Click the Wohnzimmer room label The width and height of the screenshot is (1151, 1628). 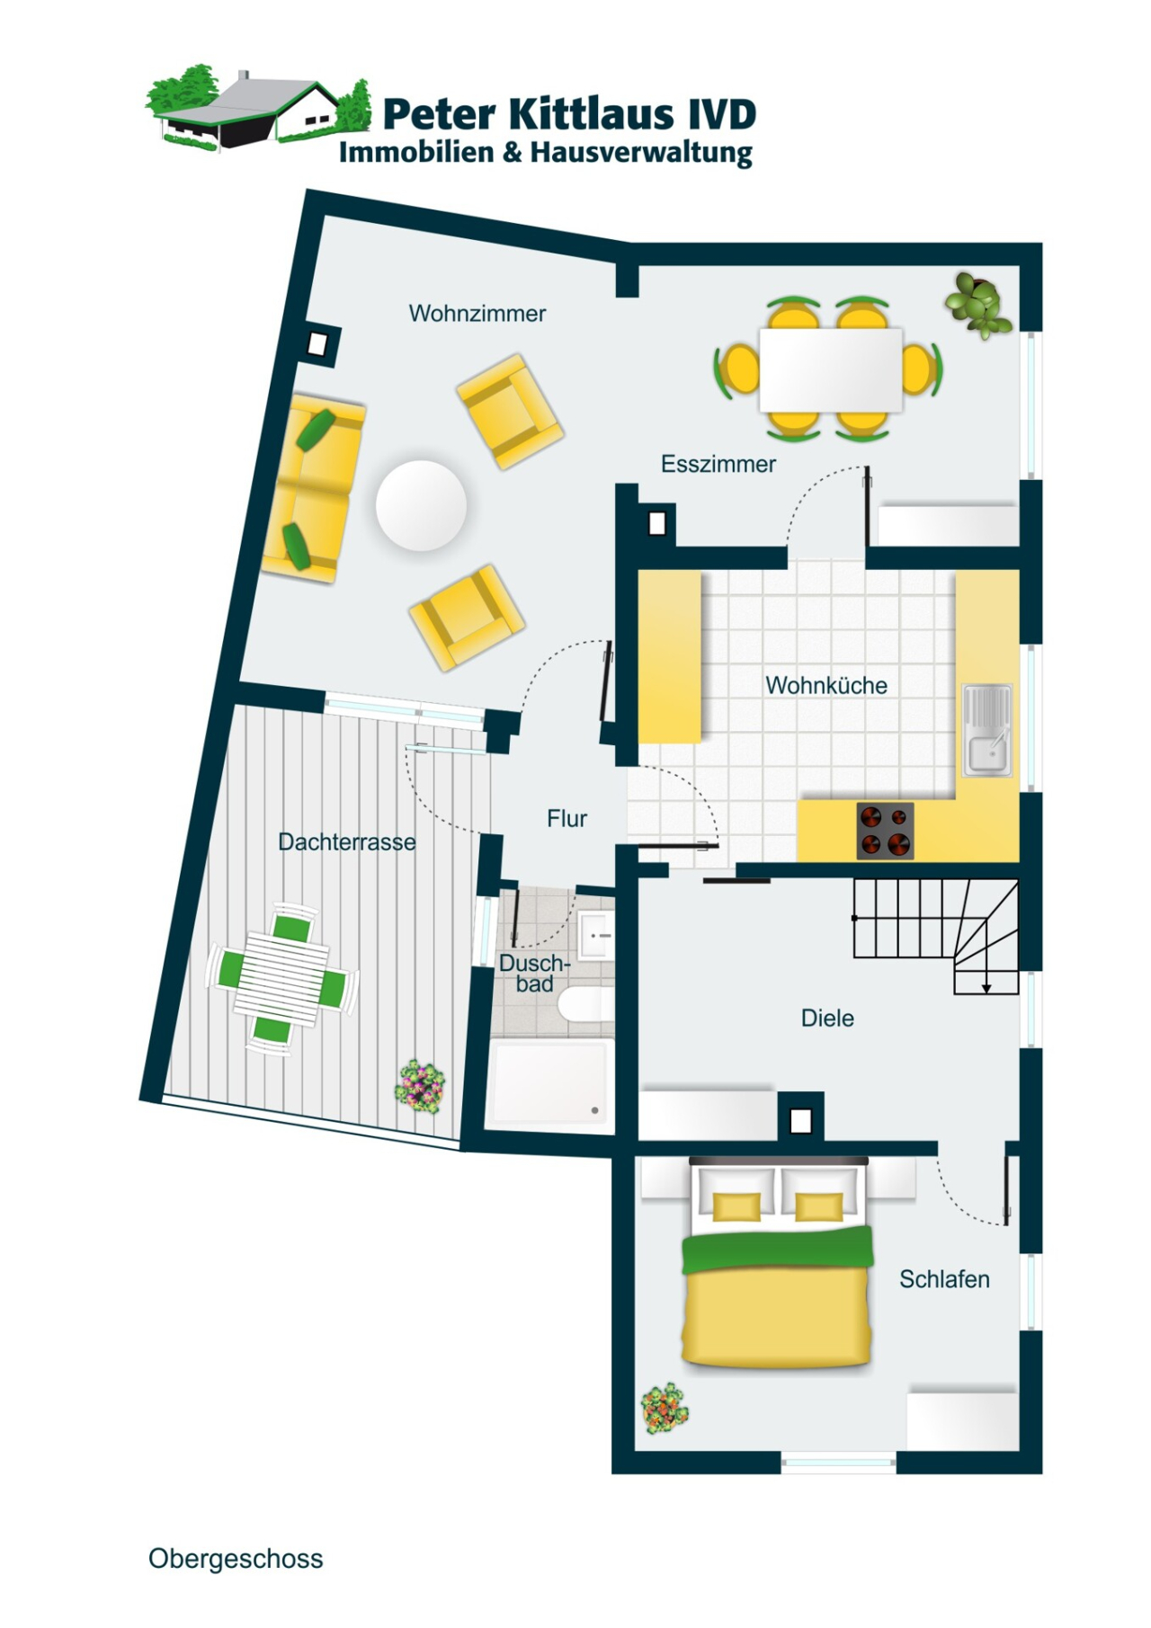tap(477, 314)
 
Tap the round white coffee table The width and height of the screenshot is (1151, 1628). tap(421, 505)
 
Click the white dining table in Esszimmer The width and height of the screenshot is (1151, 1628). tap(830, 369)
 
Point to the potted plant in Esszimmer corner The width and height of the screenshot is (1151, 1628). tap(977, 304)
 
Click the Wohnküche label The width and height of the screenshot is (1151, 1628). tap(825, 686)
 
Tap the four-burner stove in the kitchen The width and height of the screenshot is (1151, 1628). tap(885, 831)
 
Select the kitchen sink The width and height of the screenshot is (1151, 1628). tap(987, 731)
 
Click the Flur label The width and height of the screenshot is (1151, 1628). tap(567, 819)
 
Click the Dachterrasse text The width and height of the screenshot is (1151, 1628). tap(346, 842)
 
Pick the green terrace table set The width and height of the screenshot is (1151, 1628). tap(281, 978)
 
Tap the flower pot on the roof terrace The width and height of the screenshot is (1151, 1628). tap(420, 1085)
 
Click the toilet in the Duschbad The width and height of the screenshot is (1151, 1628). tap(588, 1003)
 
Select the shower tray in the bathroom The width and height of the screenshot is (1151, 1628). tap(549, 1084)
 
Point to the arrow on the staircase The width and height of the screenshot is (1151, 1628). tap(986, 987)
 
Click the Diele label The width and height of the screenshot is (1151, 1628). tap(827, 1019)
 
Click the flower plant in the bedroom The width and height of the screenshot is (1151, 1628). tap(665, 1409)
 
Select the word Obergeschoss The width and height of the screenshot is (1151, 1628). tap(236, 1559)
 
